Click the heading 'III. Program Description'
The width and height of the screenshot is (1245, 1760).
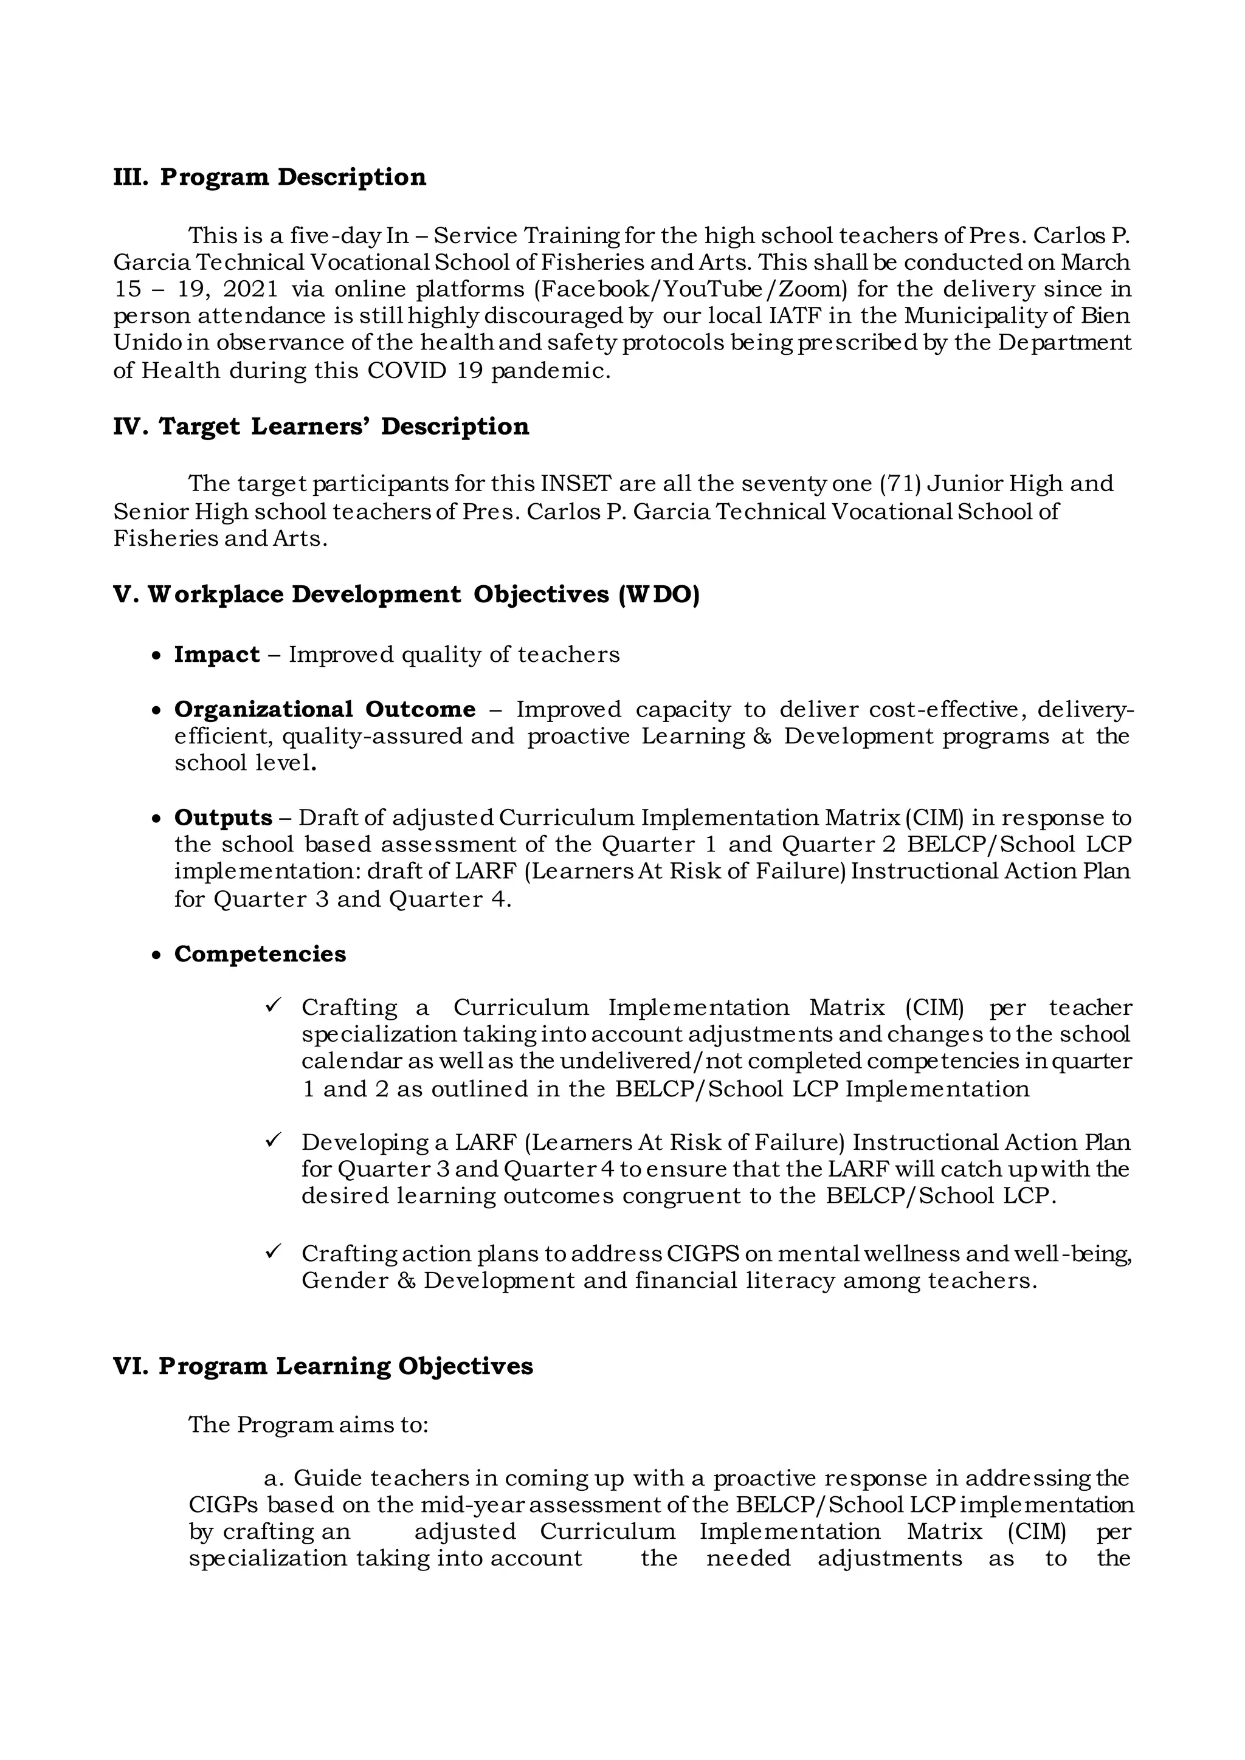pyautogui.click(x=269, y=177)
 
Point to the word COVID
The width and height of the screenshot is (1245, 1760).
pyautogui.click(x=407, y=371)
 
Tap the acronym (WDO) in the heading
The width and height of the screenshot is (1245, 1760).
pyautogui.click(x=658, y=595)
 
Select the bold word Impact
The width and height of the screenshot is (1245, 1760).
pyautogui.click(x=217, y=655)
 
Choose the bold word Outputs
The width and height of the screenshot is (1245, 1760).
pyautogui.click(x=223, y=818)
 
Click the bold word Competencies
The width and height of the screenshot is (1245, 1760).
pyautogui.click(x=260, y=954)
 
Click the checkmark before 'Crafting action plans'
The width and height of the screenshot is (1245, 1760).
pyautogui.click(x=274, y=1251)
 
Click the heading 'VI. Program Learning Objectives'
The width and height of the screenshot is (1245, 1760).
pyautogui.click(x=323, y=1367)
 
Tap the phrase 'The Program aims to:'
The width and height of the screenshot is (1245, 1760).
pyautogui.click(x=308, y=1425)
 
